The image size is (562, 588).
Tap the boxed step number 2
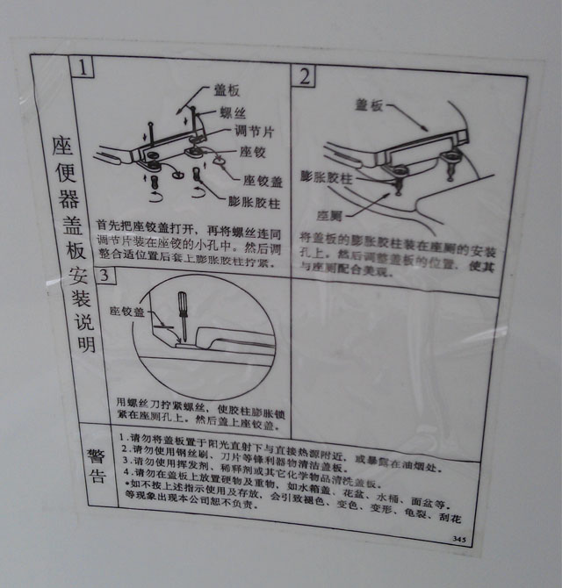click(305, 76)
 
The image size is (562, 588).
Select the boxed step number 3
click(104, 276)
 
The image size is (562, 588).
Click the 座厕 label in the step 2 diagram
click(330, 215)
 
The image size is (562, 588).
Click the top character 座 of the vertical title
click(61, 143)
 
